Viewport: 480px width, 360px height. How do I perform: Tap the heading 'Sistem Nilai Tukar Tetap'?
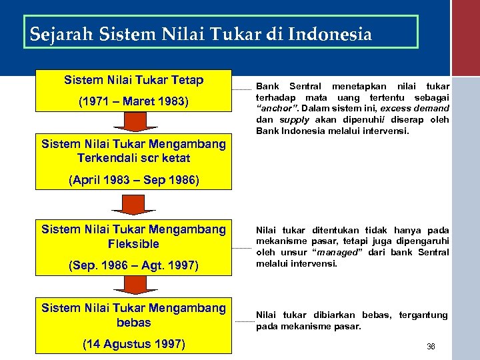click(x=133, y=80)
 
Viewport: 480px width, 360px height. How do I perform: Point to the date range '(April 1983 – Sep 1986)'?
click(x=133, y=181)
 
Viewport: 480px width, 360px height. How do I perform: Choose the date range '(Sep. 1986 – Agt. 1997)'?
click(x=133, y=265)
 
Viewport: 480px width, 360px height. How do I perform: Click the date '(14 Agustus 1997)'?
click(x=133, y=344)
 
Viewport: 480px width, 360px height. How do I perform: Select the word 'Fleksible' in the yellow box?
click(x=133, y=243)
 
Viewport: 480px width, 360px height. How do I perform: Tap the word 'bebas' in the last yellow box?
click(x=133, y=322)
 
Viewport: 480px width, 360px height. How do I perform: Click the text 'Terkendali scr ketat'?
click(x=133, y=158)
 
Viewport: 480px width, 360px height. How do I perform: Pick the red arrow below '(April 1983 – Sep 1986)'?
click(x=133, y=204)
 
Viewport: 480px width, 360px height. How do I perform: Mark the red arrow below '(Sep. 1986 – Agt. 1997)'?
click(x=133, y=285)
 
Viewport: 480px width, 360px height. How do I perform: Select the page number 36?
click(x=430, y=347)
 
